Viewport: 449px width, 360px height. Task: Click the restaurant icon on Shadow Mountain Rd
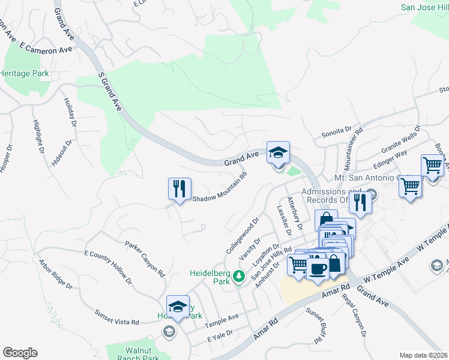(x=179, y=189)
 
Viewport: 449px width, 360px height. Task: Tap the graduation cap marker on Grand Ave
(x=278, y=152)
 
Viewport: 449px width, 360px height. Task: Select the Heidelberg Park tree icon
(x=239, y=276)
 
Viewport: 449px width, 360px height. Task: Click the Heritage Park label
(x=24, y=73)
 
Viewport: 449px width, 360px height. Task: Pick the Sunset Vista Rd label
(x=116, y=317)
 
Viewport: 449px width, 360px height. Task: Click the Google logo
(x=20, y=353)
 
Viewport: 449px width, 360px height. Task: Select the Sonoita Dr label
(x=336, y=130)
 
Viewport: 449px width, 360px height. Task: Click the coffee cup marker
(x=318, y=266)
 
